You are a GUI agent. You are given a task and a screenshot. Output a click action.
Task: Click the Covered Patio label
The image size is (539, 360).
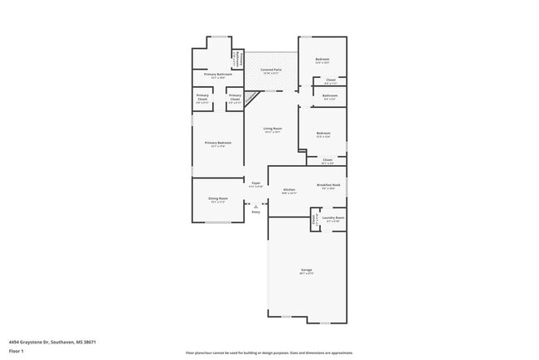pyautogui.click(x=270, y=70)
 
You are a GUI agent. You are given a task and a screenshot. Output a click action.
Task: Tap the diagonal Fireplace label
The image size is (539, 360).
pyautogui.click(x=250, y=99)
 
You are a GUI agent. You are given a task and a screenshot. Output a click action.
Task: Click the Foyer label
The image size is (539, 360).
pyautogui.click(x=256, y=182)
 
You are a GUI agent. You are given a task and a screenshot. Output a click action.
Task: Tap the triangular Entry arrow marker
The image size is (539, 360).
pyautogui.click(x=255, y=207)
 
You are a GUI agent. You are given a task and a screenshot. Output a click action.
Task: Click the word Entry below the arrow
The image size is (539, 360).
pyautogui.click(x=255, y=212)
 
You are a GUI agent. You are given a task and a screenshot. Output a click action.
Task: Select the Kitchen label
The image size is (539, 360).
pyautogui.click(x=289, y=190)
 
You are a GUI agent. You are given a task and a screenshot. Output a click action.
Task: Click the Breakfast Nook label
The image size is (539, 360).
pyautogui.click(x=328, y=185)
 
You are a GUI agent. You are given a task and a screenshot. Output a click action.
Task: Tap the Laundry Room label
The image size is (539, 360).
pyautogui.click(x=334, y=219)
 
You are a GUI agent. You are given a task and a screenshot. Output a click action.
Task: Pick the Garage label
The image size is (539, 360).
pyautogui.click(x=306, y=270)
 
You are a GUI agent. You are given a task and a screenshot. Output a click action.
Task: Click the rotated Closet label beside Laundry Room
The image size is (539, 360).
pyautogui.click(x=314, y=220)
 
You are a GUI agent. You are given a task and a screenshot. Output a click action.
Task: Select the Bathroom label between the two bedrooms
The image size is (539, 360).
pyautogui.click(x=329, y=95)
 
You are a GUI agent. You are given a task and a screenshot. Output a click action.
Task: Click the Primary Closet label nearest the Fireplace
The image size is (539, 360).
pyautogui.click(x=235, y=99)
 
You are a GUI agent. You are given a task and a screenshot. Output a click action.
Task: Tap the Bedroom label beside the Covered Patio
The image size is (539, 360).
pyautogui.click(x=323, y=60)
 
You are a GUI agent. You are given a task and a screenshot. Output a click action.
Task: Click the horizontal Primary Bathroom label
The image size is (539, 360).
pyautogui.click(x=218, y=75)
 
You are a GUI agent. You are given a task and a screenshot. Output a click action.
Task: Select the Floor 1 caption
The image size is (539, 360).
pyautogui.click(x=16, y=351)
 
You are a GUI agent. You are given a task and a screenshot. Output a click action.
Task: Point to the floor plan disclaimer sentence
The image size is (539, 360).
pyautogui.click(x=269, y=353)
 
